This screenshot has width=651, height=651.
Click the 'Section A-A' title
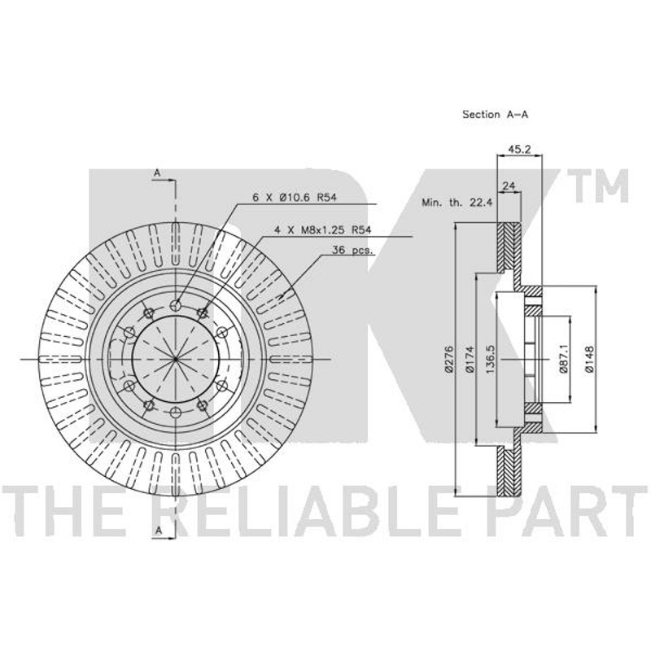click(495, 114)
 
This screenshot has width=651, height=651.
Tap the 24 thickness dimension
click(509, 186)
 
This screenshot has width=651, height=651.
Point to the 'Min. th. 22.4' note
click(457, 203)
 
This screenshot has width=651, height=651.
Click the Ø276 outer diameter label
click(448, 359)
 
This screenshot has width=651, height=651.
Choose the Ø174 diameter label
click(470, 359)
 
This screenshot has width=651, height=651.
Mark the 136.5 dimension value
click(490, 359)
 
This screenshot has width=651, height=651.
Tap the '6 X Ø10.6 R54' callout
click(295, 198)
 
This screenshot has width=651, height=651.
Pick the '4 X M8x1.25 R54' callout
click(322, 229)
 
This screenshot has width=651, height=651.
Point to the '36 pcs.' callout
click(353, 251)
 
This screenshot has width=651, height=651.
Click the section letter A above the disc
click(157, 173)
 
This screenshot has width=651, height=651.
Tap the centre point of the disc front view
click(176, 359)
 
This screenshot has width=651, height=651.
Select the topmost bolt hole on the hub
click(176, 307)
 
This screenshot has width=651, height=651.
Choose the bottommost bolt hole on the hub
click(176, 412)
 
